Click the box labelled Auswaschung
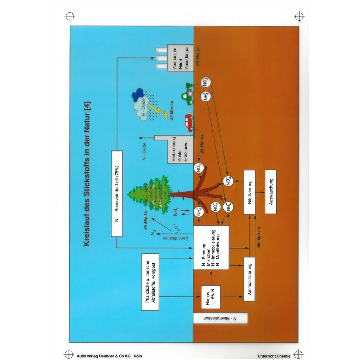[x=271, y=192]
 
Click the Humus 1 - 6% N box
[x=211, y=297]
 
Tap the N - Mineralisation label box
[x=220, y=319]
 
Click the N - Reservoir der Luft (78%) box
[x=117, y=193]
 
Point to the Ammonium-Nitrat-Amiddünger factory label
[x=180, y=58]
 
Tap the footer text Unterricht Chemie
[x=274, y=356]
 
